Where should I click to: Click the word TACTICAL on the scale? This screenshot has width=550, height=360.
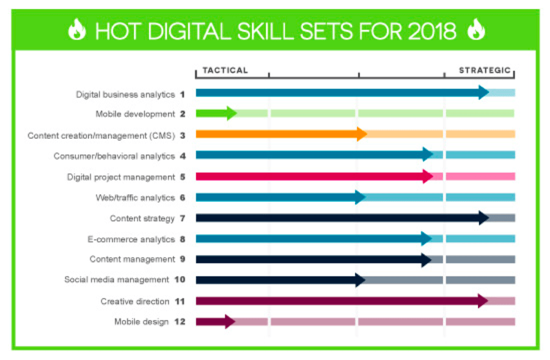[x=225, y=70]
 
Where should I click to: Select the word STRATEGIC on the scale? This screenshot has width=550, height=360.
[x=485, y=70]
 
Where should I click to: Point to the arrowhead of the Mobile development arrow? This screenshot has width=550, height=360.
[x=231, y=113]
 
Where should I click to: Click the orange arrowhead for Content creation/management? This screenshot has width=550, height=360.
[x=361, y=134]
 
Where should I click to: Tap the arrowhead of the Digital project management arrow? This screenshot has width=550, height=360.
[x=427, y=176]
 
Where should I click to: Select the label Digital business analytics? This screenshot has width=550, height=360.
[x=125, y=94]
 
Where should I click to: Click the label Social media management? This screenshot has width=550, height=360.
[x=117, y=280]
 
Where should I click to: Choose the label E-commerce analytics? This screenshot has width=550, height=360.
[x=131, y=238]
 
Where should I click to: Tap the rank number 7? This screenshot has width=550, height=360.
[x=182, y=218]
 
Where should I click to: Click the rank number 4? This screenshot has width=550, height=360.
[x=182, y=156]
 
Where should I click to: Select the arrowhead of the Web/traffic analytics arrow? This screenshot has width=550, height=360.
[x=360, y=197]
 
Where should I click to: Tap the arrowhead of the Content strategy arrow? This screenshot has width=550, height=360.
[x=483, y=218]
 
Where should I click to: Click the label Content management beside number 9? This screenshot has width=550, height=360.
[x=132, y=259]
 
